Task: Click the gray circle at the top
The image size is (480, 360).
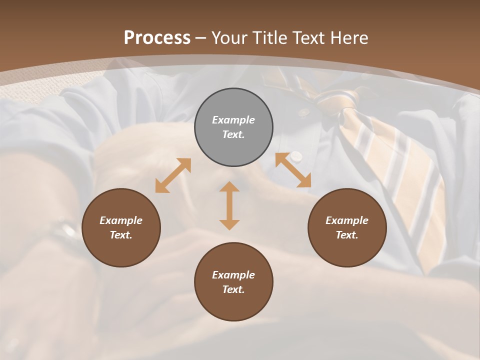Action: [x=233, y=127]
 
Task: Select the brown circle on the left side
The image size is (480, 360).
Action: [x=121, y=227]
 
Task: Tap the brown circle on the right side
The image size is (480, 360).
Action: [x=347, y=227]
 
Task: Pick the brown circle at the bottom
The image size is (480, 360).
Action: [x=233, y=282]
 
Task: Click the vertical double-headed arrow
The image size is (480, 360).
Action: [x=229, y=205]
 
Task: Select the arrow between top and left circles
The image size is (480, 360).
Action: [x=173, y=175]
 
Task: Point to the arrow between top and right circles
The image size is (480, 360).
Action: [x=293, y=170]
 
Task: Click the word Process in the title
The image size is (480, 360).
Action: [x=157, y=37]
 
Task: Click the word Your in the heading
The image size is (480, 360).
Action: [x=230, y=37]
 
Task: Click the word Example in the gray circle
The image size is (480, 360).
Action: [x=233, y=120]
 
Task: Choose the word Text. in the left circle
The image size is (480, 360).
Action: [x=121, y=235]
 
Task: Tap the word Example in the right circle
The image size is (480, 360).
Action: [x=347, y=220]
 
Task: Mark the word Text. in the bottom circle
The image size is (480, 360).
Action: [x=233, y=289]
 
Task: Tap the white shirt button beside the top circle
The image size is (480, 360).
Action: [x=297, y=156]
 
